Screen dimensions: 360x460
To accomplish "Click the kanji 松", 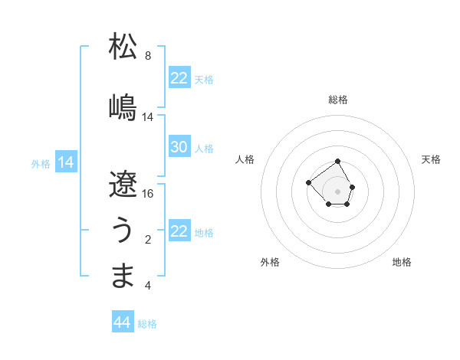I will coord(123,47).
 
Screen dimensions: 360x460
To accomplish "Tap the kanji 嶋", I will coord(123,106).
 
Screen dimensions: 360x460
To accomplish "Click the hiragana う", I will coord(123,229).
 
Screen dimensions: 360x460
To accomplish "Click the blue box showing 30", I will coord(179,147).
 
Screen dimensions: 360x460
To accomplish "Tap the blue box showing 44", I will coord(123,322).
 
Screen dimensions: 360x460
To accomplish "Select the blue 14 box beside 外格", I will coord(65,162).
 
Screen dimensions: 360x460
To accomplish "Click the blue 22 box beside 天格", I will coord(179,78).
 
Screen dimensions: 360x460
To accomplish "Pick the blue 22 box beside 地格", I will coord(179,231).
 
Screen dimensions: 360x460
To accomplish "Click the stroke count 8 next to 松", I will coord(148,56).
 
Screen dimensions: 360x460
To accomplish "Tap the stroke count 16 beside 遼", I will coord(148,193).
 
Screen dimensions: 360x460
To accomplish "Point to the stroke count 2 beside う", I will coord(148,240).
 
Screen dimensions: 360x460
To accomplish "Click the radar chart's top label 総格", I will coord(338,100).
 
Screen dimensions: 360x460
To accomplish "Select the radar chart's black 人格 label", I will coord(245,159).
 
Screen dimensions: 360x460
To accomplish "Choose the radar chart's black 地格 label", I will coord(402,262).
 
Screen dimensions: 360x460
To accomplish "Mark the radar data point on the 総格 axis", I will coord(338,162).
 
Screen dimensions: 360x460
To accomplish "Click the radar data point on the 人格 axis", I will coord(308,182).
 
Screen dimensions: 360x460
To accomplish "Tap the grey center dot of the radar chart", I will coord(338,191).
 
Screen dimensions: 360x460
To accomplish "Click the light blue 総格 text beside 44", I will coord(147,323).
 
